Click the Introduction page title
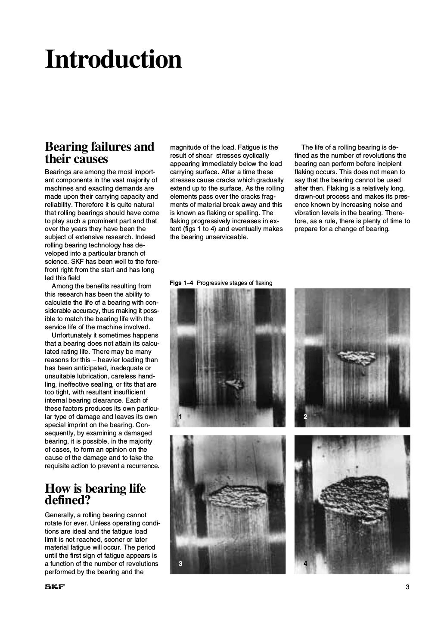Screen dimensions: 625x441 point(113,59)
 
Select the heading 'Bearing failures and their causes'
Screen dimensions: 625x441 point(99,153)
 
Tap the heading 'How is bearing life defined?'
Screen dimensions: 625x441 point(95,494)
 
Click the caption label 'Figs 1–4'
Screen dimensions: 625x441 point(181,283)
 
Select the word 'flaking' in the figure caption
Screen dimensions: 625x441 point(262,283)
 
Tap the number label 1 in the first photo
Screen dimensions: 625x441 point(180,416)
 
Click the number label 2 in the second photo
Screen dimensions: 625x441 point(305,416)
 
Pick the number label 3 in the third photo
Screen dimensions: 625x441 point(180,563)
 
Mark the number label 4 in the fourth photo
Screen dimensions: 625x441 point(305,563)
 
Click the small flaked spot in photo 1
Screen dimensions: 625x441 point(235,384)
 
